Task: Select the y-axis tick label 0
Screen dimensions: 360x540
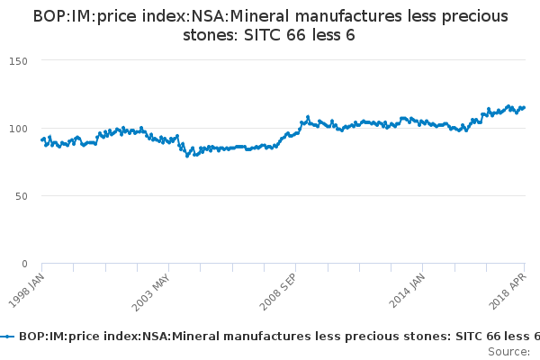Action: click(25, 264)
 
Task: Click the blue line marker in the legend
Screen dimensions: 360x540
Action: click(8, 337)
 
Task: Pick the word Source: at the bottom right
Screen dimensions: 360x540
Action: click(508, 351)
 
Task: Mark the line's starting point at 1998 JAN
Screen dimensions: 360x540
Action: click(42, 139)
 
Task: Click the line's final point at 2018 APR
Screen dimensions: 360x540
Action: click(525, 107)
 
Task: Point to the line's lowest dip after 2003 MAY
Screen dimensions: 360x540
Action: click(187, 156)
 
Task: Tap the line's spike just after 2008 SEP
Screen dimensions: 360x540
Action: click(308, 117)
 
